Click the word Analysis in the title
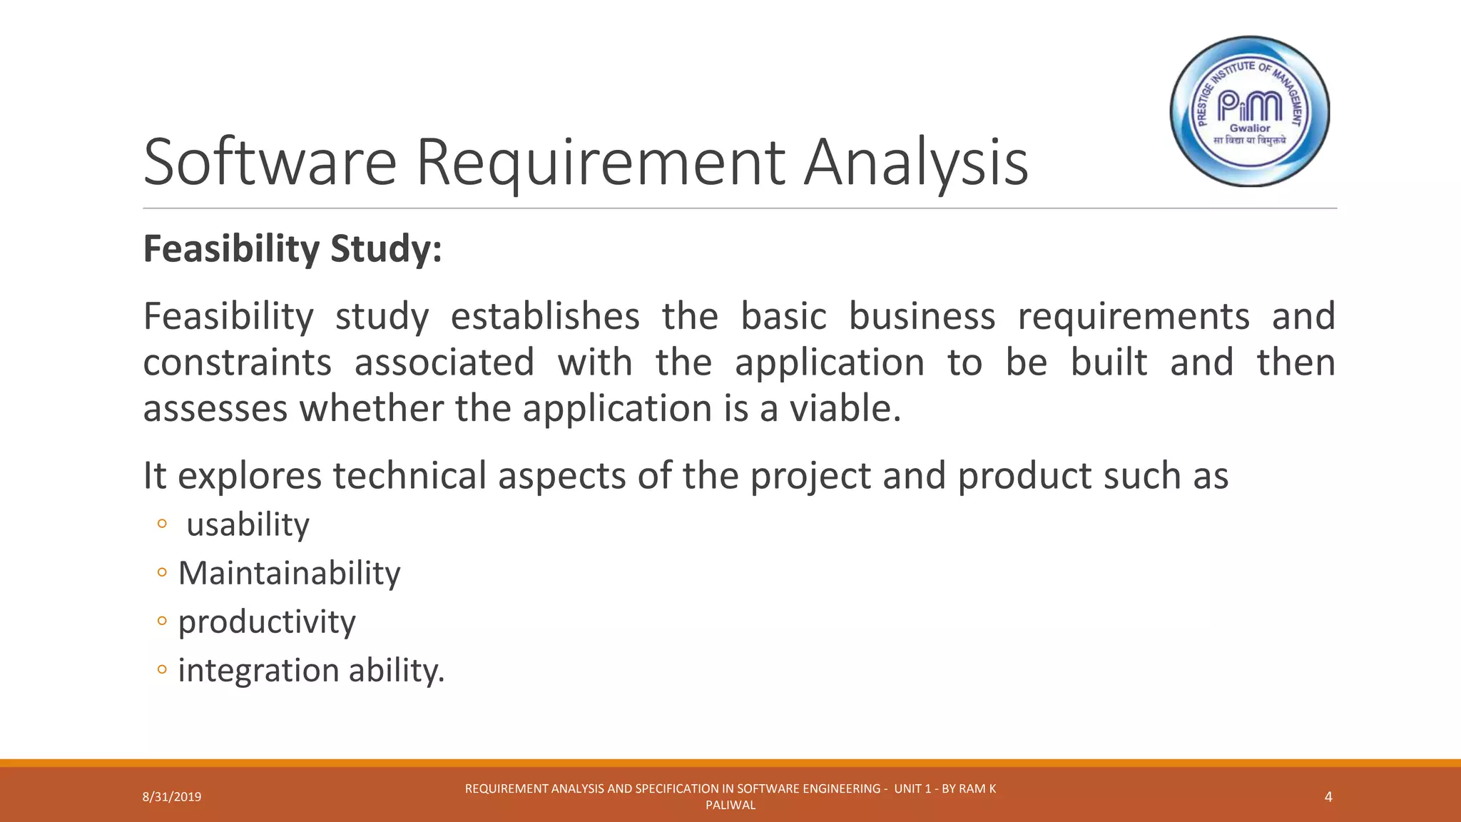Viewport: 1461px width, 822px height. click(x=916, y=164)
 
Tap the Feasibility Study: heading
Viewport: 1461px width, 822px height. click(x=292, y=250)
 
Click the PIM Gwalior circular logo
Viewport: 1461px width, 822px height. click(x=1250, y=112)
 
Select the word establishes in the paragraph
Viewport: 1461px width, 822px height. click(x=545, y=316)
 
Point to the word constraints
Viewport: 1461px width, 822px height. click(x=237, y=362)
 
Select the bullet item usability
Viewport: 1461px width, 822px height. click(x=248, y=525)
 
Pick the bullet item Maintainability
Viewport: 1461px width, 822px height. click(x=289, y=574)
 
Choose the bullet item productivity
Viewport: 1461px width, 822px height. click(x=266, y=622)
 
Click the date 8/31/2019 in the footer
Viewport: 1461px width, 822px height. click(x=172, y=797)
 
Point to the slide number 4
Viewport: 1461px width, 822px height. click(x=1328, y=797)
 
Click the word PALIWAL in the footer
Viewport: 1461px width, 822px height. click(x=730, y=806)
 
